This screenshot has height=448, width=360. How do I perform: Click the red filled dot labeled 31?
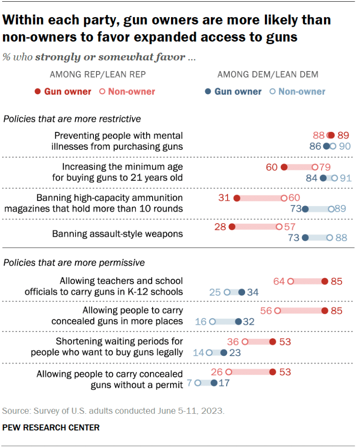[237, 198]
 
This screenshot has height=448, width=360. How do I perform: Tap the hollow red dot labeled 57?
[279, 227]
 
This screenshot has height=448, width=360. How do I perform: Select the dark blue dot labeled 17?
[214, 383]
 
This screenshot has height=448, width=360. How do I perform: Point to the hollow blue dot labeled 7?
[198, 383]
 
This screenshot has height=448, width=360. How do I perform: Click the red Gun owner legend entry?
[63, 92]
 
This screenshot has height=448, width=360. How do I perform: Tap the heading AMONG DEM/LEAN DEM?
[268, 75]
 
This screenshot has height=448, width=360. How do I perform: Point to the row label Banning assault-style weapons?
[117, 234]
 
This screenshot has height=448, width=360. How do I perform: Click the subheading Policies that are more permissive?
[74, 263]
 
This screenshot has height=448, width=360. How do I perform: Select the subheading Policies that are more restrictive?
[72, 119]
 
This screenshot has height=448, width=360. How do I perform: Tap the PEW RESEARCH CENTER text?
[51, 427]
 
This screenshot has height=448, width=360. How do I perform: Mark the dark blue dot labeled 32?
[238, 321]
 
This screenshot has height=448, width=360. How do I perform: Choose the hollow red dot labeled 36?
[245, 341]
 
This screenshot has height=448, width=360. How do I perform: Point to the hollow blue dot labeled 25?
[227, 292]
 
